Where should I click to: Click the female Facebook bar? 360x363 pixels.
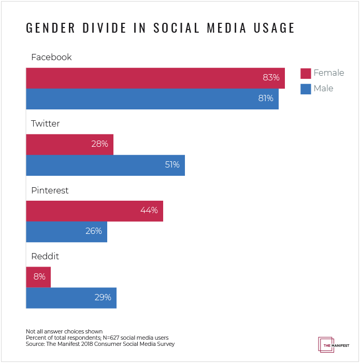[x=155, y=78]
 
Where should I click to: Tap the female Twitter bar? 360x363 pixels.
[x=69, y=144]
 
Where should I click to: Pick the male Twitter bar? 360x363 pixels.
[x=105, y=165]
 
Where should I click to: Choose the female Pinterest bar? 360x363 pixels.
[x=94, y=211]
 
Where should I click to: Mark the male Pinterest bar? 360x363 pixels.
[x=66, y=231]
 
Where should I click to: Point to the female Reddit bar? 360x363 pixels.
[x=38, y=277]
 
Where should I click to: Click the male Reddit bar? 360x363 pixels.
[x=71, y=298]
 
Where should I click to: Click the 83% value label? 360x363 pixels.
[x=271, y=78]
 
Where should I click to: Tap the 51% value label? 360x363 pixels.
[x=172, y=165]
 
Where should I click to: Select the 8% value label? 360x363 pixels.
[x=39, y=277]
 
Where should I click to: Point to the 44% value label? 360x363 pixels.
[x=149, y=211]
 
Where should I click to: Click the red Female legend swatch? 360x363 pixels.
[x=306, y=73]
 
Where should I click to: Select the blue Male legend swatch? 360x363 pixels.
[x=306, y=89]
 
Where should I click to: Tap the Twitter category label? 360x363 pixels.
[x=45, y=124]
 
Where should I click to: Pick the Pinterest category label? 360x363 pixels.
[x=50, y=190]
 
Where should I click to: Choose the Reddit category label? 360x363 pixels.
[x=45, y=257]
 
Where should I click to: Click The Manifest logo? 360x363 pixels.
[x=333, y=344]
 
